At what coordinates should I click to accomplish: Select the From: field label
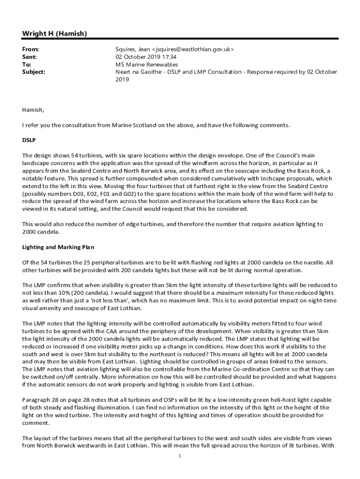30,49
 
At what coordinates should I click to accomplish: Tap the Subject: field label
34,72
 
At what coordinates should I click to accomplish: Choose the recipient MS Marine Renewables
147,64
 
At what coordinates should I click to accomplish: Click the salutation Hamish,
33,110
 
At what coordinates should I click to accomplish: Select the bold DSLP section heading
29,140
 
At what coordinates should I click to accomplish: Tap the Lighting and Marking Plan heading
55,247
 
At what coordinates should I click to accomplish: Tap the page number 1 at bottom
180,456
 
